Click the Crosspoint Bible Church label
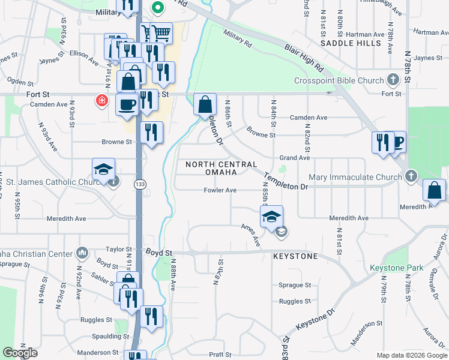click(x=339, y=81)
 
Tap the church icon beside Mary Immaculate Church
click(x=411, y=176)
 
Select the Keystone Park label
click(x=396, y=268)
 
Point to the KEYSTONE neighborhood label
click(x=295, y=256)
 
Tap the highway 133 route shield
click(x=139, y=184)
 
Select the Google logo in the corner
click(x=20, y=353)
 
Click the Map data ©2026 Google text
click(x=411, y=355)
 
